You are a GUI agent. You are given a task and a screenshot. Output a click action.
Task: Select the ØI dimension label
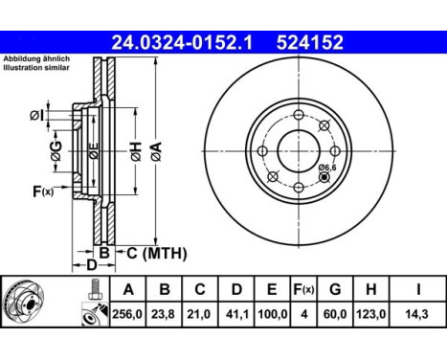click(35, 116)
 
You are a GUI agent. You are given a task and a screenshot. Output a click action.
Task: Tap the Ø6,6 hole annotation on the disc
click(325, 169)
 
